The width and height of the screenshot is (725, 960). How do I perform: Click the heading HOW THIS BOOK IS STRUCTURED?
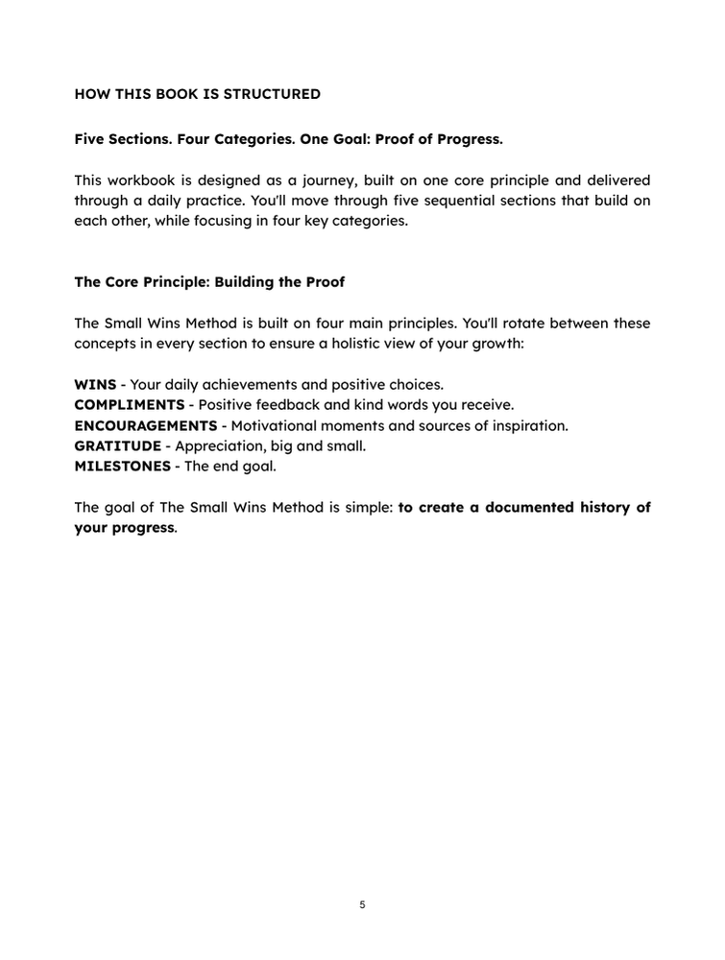(x=197, y=94)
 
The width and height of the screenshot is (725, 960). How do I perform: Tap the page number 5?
(x=362, y=904)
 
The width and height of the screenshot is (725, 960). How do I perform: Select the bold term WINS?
(x=95, y=384)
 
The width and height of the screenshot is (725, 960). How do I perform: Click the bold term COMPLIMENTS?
(x=129, y=404)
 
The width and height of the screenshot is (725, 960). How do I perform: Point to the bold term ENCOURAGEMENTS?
(x=145, y=425)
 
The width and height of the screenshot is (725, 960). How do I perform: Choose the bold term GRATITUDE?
(x=117, y=445)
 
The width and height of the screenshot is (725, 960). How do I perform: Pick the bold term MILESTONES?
(x=122, y=466)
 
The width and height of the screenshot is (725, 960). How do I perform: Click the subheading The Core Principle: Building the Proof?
(x=208, y=282)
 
